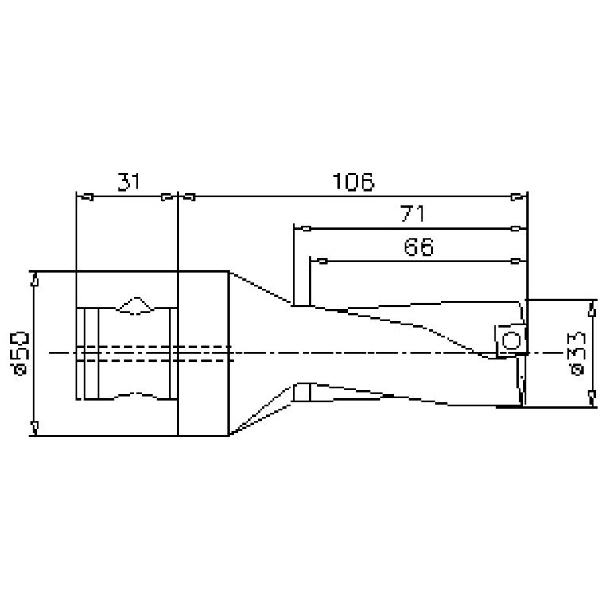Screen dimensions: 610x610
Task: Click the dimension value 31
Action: coord(129,181)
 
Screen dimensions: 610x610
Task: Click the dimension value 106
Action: coord(353,181)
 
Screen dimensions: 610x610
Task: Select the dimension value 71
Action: coord(413,214)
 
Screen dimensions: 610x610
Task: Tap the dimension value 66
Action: coord(418,247)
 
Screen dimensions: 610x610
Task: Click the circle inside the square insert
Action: coord(511,341)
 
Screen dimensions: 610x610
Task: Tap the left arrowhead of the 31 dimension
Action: coord(85,197)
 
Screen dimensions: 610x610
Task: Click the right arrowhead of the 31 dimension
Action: coord(169,197)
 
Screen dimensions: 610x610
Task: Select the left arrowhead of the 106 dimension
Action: coord(186,197)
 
